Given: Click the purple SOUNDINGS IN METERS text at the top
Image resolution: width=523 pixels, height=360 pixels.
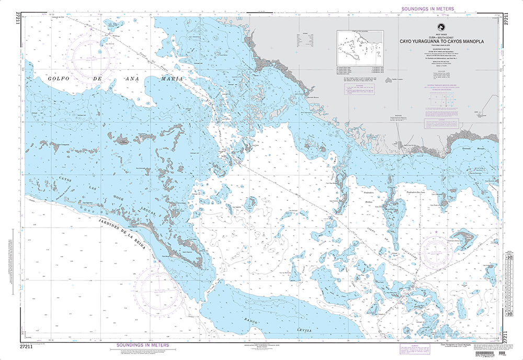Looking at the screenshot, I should (x=427, y=9).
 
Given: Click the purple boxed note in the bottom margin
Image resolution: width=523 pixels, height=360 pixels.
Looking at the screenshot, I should (x=408, y=347).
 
